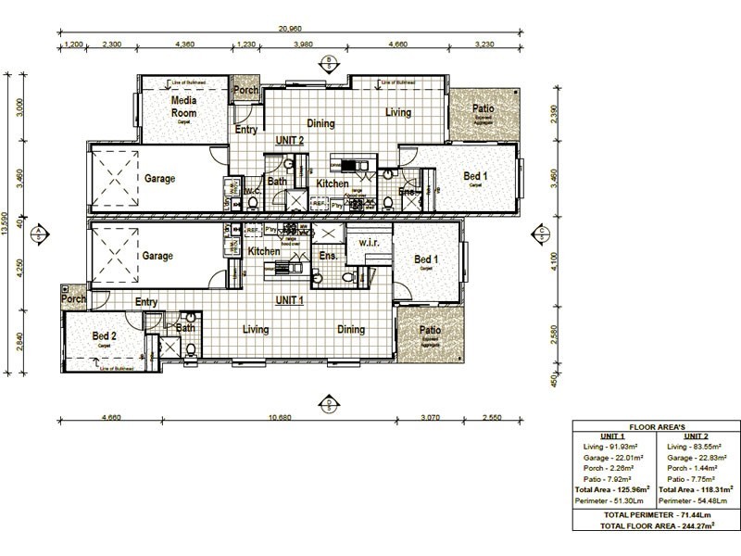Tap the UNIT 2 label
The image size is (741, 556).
pos(290,140)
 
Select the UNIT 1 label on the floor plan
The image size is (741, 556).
pos(290,300)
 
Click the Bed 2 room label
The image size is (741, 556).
pos(104,335)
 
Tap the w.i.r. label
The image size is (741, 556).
pos(368,244)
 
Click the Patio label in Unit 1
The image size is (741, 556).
pos(429,329)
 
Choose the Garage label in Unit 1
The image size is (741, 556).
pos(157,256)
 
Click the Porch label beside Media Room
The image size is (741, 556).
pos(245,91)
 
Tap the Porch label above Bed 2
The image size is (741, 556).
pos(73,299)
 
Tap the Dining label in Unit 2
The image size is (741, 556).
pos(320,123)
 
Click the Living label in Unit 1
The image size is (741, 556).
pos(256,329)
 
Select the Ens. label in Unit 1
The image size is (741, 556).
pos(327,254)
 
